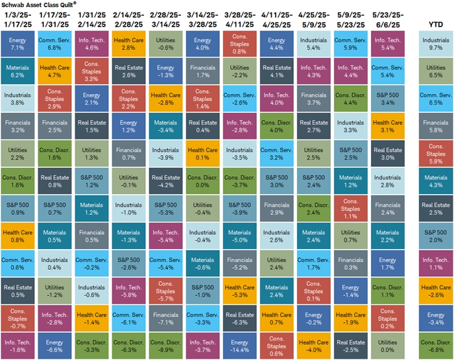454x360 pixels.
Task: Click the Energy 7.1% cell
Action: point(19,43)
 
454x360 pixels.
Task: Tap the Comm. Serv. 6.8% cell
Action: point(56,43)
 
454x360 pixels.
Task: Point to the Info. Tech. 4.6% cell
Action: point(93,43)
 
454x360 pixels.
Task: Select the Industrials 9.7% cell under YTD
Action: point(436,43)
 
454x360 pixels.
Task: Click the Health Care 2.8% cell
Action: point(130,43)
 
